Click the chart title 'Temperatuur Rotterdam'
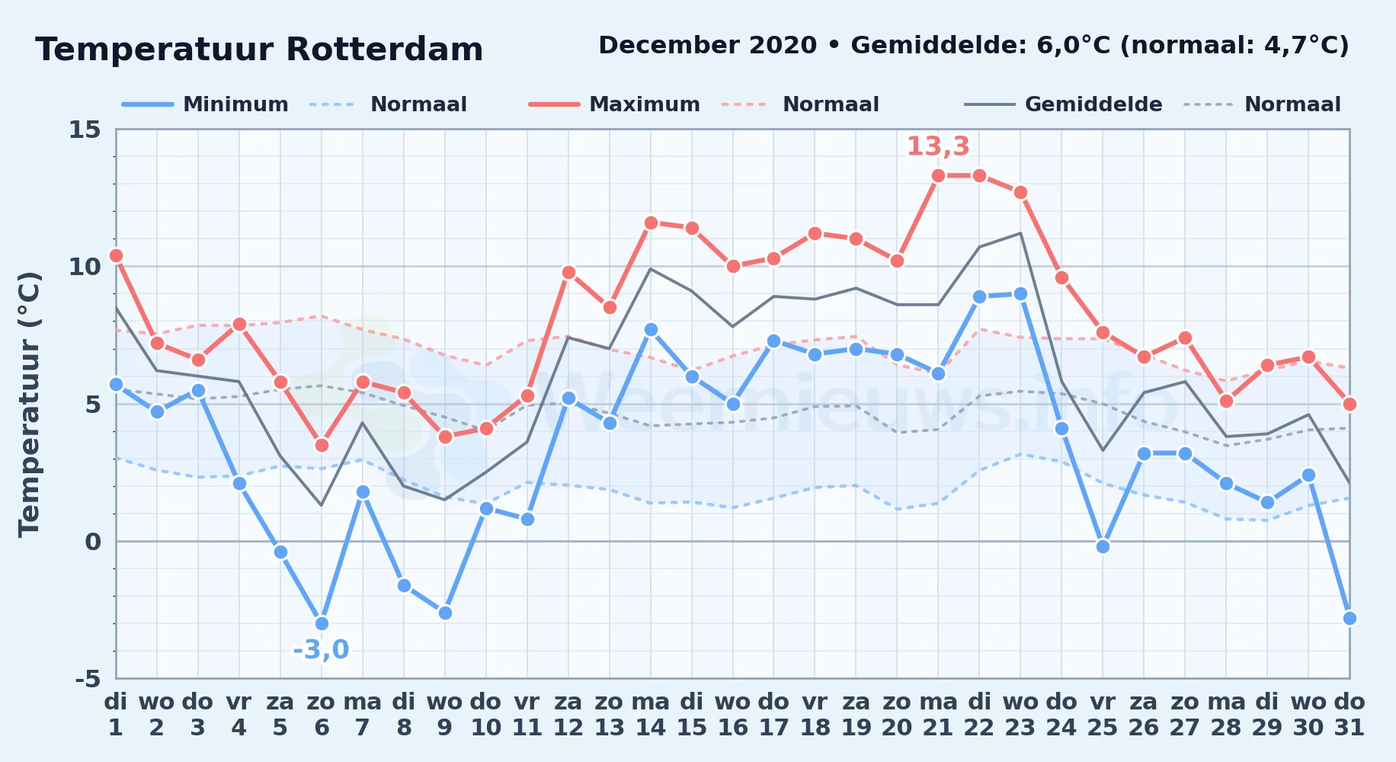point(259,50)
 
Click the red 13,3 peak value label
point(938,146)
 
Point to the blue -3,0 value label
point(321,650)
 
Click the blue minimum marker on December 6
point(322,623)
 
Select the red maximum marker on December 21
point(938,176)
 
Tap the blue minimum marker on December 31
point(1350,618)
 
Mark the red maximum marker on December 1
point(116,256)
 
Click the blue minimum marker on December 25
point(1103,546)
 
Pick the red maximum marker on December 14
point(651,223)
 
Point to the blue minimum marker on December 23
point(1020,294)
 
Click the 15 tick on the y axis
point(85,130)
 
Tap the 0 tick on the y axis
point(93,542)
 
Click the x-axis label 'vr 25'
point(1103,715)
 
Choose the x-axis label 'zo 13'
point(609,715)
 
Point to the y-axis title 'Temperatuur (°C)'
point(30,404)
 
